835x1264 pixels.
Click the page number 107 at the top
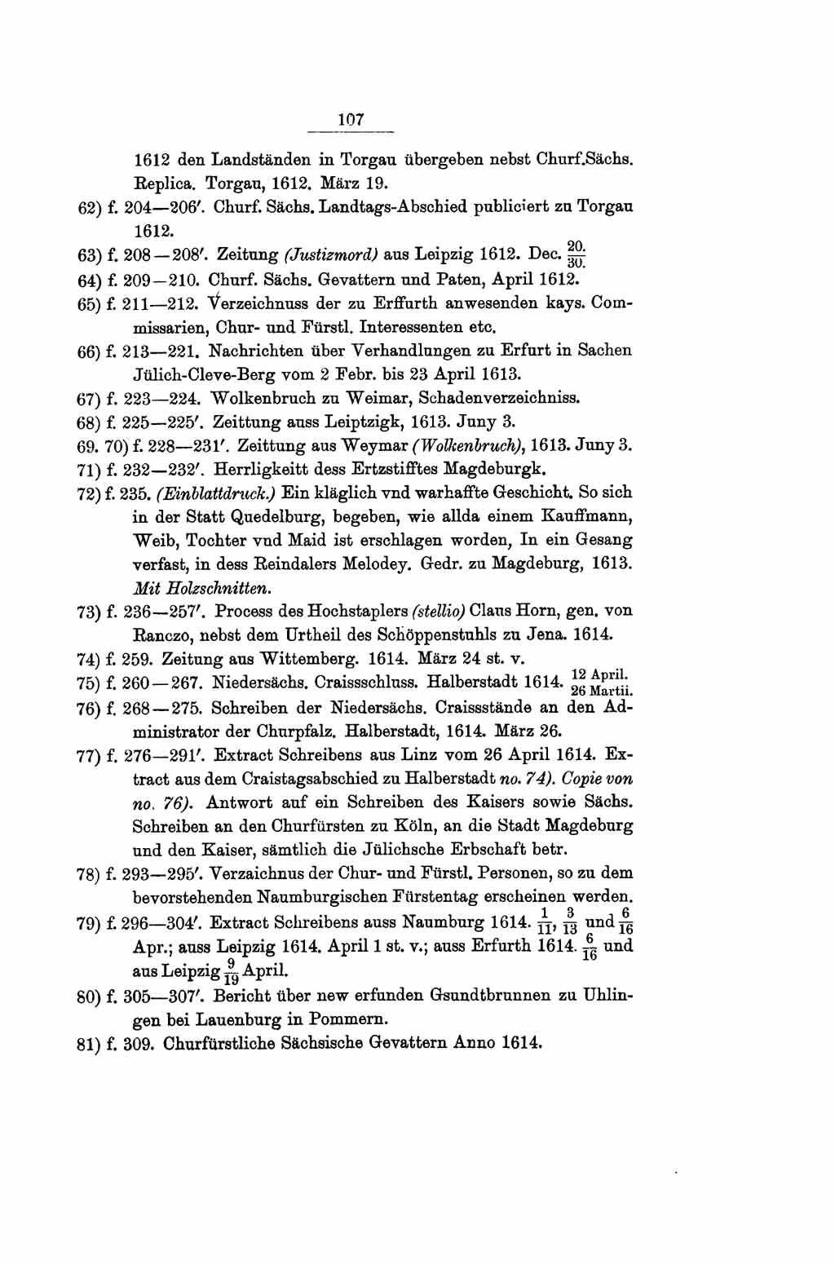pyautogui.click(x=351, y=119)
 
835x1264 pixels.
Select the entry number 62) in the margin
pyautogui.click(x=89, y=207)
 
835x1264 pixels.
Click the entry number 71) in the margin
pyautogui.click(x=89, y=470)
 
